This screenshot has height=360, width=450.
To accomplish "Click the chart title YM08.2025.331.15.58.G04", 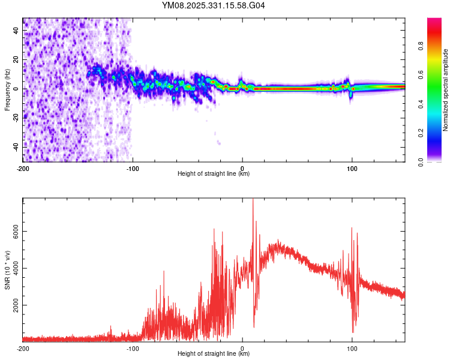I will (x=214, y=6).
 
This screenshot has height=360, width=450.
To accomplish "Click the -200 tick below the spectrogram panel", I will (x=23, y=168).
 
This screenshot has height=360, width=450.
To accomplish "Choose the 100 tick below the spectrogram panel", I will (x=352, y=168).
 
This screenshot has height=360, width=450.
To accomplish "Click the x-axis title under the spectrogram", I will (x=214, y=174).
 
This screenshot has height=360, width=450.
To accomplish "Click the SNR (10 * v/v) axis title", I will (x=7, y=270).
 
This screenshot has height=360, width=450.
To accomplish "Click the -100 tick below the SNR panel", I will (x=133, y=348).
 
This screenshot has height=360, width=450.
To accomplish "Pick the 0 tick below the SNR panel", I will (x=242, y=348).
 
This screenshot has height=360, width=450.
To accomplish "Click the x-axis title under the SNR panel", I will (x=214, y=354).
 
